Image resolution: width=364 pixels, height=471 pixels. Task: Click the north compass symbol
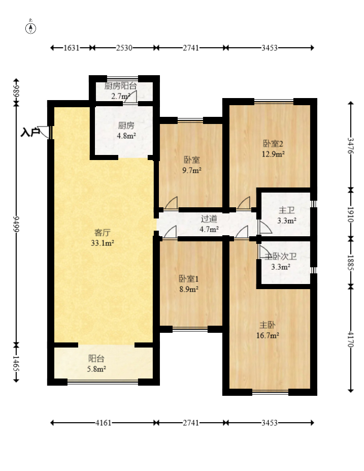tap(30, 27)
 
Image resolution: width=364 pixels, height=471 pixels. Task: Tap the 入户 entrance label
tap(30, 132)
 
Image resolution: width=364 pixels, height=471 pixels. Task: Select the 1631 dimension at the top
tap(72, 48)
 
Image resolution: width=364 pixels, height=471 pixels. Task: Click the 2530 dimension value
tap(124, 48)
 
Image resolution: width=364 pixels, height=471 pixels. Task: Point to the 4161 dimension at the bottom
tap(103, 423)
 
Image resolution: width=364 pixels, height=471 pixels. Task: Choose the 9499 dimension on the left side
tap(16, 224)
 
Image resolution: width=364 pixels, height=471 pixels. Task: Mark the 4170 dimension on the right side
tap(350, 338)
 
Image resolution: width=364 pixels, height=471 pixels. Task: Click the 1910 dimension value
tap(350, 214)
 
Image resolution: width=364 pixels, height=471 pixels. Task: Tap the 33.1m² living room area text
tap(103, 243)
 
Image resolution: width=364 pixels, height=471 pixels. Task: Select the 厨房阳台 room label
tap(121, 86)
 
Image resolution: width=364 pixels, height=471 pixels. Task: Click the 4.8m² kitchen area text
tap(126, 136)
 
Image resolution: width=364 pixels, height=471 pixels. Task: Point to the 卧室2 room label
tap(273, 144)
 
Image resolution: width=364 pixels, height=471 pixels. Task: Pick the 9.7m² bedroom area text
tap(192, 171)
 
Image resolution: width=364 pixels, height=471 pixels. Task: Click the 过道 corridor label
tap(209, 218)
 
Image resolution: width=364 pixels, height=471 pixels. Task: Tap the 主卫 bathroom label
tap(286, 210)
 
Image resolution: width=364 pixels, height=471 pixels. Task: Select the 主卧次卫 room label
tap(281, 257)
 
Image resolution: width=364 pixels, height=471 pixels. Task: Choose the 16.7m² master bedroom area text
tap(268, 335)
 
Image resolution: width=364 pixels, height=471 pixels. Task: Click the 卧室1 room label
tap(189, 279)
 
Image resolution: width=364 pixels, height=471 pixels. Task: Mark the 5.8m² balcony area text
tap(96, 369)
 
